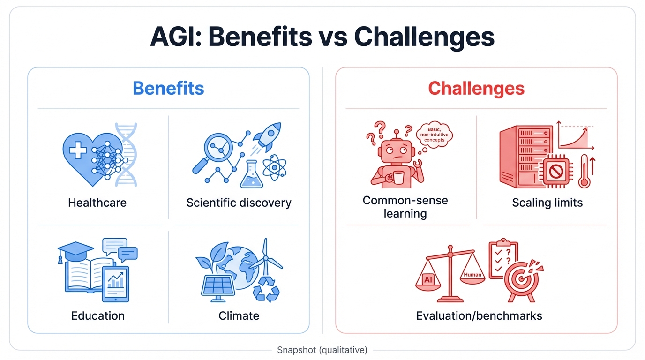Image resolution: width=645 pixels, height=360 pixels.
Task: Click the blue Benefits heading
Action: point(168,88)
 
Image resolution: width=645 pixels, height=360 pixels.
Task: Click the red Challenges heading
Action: point(476,88)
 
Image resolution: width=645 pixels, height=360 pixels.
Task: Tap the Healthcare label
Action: point(97,202)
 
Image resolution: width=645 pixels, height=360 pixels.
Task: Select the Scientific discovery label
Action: point(239,202)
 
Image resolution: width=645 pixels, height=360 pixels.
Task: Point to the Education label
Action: point(97,315)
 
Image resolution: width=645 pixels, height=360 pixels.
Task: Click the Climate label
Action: point(239,315)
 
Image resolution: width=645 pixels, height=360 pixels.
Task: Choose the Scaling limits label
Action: point(547,202)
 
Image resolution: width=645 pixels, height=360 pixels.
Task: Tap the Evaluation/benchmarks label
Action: point(479,315)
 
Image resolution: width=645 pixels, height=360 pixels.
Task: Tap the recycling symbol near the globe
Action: point(266,289)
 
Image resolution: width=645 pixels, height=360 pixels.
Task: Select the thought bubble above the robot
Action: point(433,135)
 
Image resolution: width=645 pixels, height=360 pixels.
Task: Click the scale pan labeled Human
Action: point(472,276)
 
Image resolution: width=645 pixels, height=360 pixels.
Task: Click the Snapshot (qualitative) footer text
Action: point(322,350)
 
